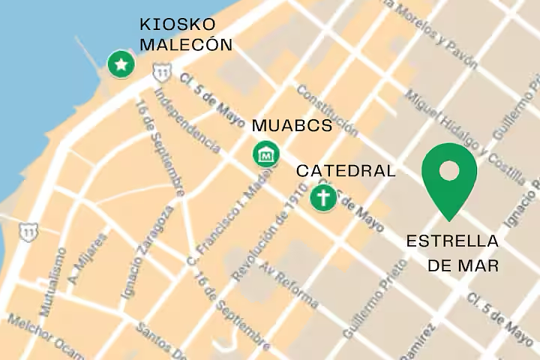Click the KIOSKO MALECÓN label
186,34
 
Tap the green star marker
120,64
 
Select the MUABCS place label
292,125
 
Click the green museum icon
265,154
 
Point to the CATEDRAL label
346,171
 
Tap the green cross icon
323,199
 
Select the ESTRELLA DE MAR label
452,253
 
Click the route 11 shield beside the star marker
160,72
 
